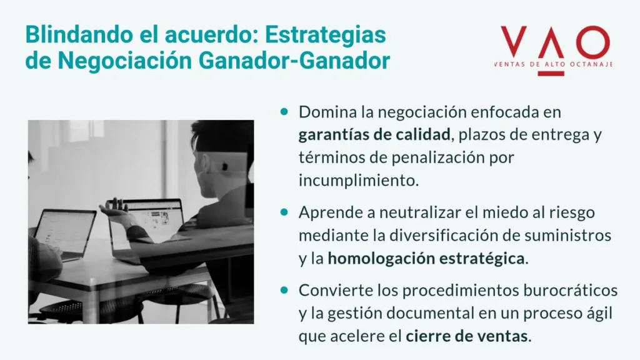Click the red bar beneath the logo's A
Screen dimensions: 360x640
(553, 73)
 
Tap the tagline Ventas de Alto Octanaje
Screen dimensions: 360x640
(552, 64)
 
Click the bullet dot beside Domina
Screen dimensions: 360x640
(284, 112)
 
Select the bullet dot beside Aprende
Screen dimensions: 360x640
(284, 212)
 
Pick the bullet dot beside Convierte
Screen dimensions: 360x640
(284, 291)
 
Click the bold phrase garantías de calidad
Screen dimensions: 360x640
(374, 134)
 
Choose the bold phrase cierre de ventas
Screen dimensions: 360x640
(467, 337)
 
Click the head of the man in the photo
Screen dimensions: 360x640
(219, 150)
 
